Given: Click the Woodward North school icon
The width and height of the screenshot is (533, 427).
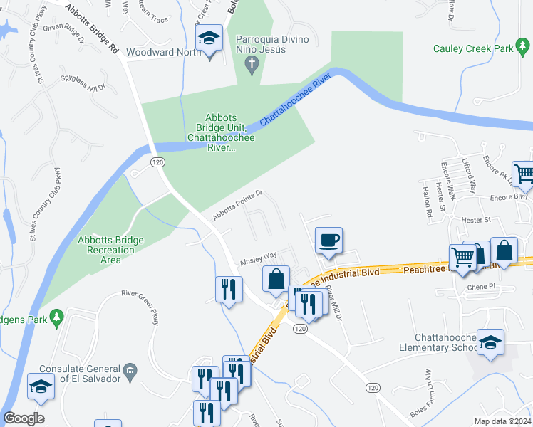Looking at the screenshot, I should coord(209,38).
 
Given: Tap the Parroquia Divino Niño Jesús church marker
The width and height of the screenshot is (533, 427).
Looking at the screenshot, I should coord(251,65).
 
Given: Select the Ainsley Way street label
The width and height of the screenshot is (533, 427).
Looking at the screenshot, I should coord(258,258).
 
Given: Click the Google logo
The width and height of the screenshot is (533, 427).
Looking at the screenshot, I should coord(24,418).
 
